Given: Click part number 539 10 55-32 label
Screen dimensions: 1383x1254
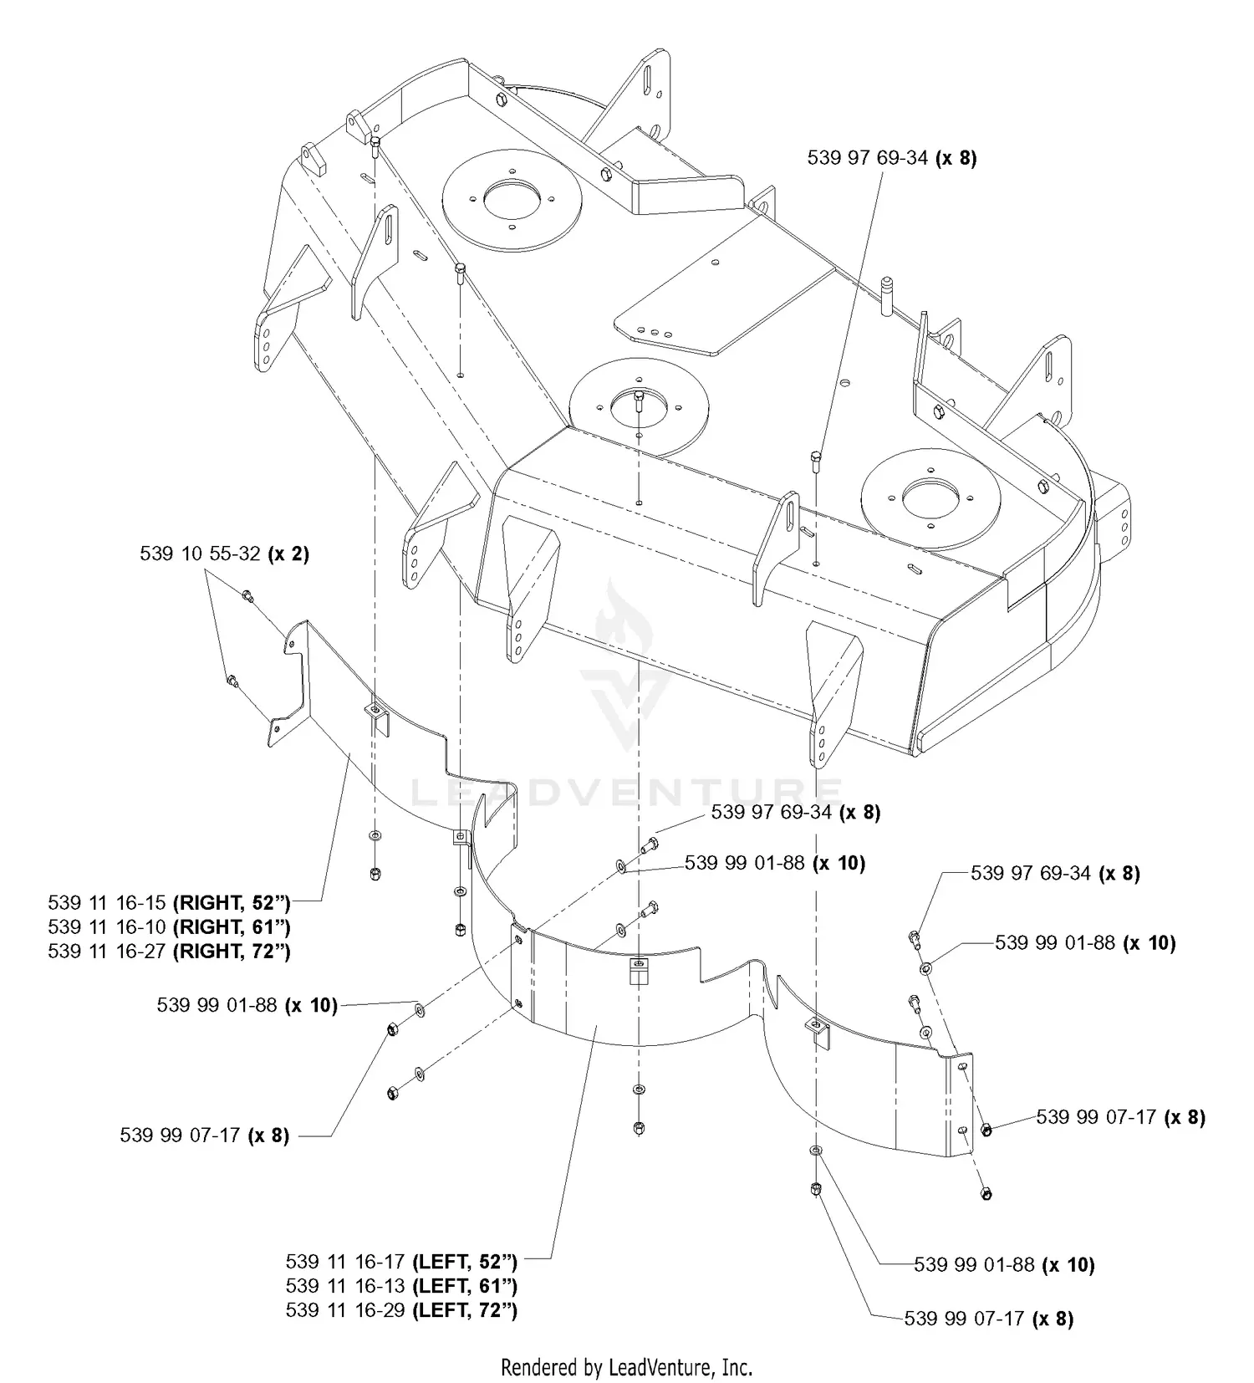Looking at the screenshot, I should pos(224,554).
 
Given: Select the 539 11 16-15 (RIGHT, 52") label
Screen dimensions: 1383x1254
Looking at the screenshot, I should pos(169,902).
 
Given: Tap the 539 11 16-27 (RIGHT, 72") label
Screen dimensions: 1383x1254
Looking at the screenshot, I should pos(169,951).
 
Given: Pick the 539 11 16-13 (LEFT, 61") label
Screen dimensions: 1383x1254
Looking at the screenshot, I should pos(401,1285).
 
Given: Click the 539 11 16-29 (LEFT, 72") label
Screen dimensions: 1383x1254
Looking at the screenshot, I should pos(401,1309).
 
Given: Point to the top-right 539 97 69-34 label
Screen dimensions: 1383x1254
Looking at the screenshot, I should pos(891,158).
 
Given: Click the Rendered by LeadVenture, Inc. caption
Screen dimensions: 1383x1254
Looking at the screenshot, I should pos(626,1368).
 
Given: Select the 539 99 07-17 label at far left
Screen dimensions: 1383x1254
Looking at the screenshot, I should pos(204,1135).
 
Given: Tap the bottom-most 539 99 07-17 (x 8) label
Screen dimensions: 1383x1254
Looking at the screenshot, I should pos(988,1319).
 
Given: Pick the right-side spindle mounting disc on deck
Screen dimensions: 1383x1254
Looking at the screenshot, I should pos(930,500).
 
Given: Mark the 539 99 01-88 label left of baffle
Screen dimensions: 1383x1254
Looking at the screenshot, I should pos(247,1005).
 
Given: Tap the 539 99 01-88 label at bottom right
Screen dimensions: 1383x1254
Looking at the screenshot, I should pos(1003,1265).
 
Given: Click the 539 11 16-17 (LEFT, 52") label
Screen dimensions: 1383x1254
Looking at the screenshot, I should pos(401,1261).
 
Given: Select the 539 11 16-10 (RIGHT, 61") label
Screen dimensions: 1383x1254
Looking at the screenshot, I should pos(169,926).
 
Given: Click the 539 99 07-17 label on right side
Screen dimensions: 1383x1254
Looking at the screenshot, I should pos(1120,1117).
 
